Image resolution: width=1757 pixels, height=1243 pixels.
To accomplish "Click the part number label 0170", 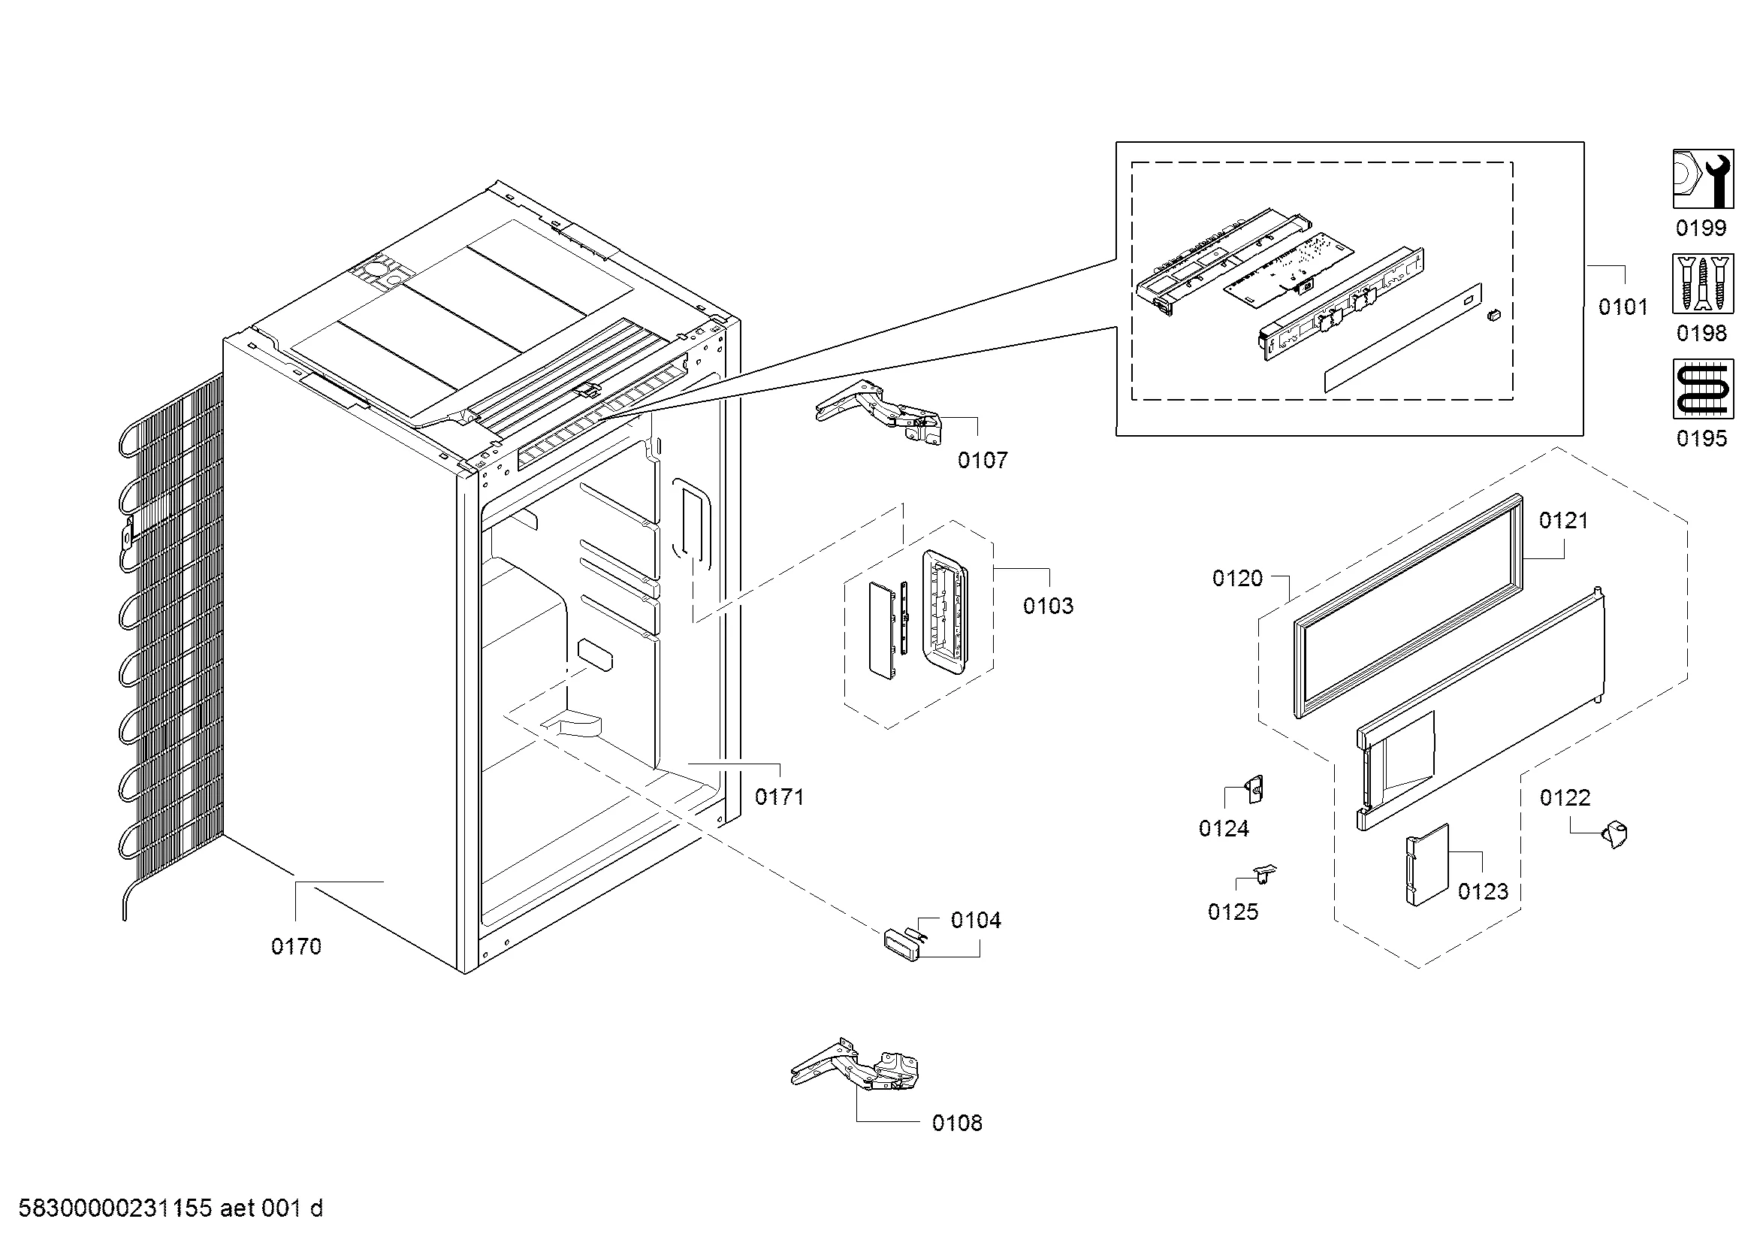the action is click(296, 947).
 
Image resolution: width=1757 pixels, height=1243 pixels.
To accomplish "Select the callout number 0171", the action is click(780, 797).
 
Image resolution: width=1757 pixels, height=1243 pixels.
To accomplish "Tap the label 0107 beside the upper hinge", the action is click(983, 460).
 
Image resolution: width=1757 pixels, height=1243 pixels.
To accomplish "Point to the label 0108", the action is click(957, 1123).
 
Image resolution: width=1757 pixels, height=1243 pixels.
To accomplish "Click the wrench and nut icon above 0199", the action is click(1703, 179).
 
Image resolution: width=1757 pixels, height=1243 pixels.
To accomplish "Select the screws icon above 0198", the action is click(1703, 284).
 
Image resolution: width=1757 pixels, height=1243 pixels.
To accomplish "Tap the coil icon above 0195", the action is click(1703, 389).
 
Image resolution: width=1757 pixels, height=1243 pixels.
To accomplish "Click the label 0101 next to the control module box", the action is click(1623, 307).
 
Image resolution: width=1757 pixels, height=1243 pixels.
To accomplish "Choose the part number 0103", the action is click(1049, 606).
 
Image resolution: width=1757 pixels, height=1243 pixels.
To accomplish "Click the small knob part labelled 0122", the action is click(1614, 833).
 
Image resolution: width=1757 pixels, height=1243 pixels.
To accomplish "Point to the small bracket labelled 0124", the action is click(1255, 789).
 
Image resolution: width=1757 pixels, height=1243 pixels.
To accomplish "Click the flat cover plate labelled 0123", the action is click(1427, 865).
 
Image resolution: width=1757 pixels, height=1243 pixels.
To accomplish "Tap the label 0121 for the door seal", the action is click(1563, 522).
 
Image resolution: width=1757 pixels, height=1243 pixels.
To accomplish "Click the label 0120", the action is click(1237, 579).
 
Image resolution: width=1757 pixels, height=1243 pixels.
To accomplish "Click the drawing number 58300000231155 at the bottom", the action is click(115, 1208).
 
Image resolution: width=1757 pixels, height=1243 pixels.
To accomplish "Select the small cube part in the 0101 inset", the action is click(1493, 315).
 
